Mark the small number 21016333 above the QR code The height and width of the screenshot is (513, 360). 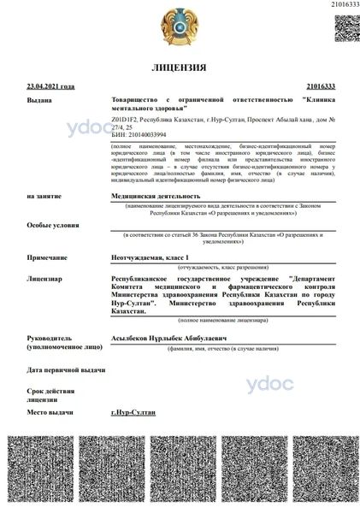point(345,5)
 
